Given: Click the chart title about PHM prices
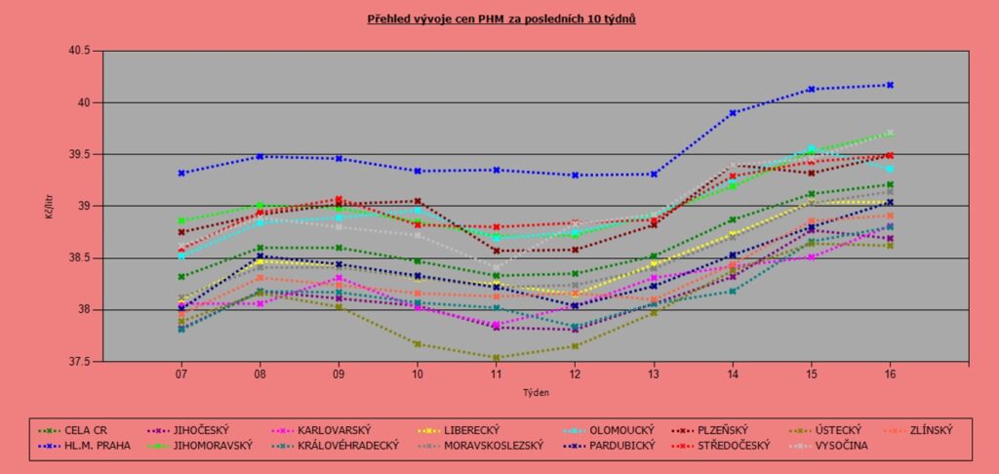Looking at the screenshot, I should click(x=501, y=19).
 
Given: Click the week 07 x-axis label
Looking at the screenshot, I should click(x=181, y=375).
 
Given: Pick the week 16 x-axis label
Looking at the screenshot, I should click(x=890, y=375).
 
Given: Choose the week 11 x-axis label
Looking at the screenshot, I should click(x=497, y=375).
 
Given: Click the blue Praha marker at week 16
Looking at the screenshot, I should click(x=890, y=85).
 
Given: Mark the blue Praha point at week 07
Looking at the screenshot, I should click(x=181, y=173).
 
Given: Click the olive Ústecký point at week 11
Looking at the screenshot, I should click(x=497, y=358).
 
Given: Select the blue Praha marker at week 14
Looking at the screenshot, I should click(x=733, y=113).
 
